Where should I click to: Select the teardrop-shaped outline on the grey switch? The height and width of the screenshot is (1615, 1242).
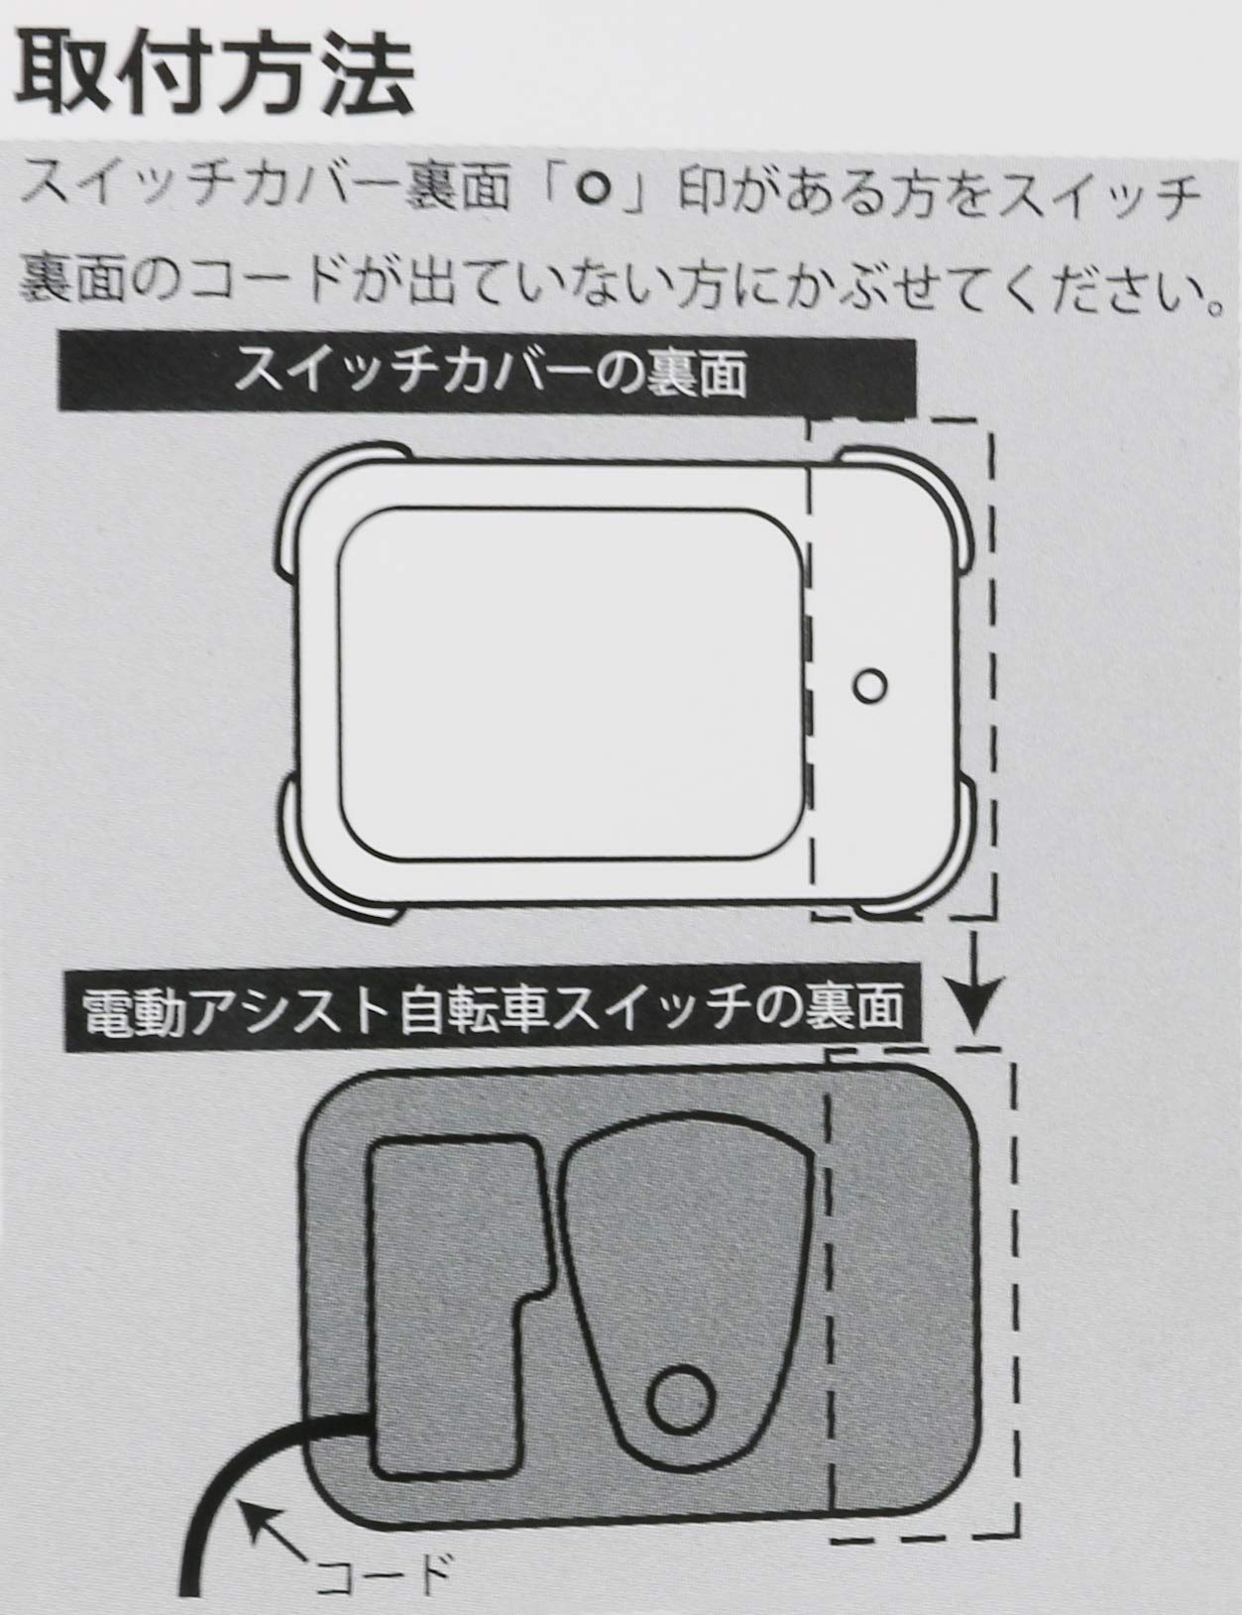point(684,1279)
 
